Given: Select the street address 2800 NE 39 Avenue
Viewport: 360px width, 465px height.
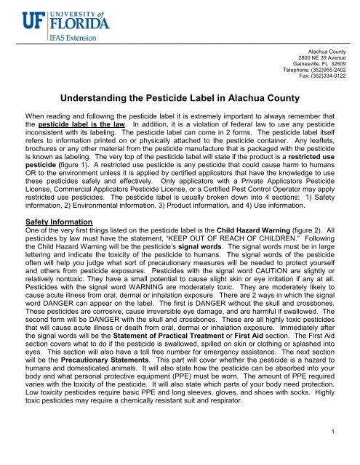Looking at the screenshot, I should click(x=324, y=57).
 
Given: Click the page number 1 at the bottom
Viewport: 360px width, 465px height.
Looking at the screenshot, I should click(x=350, y=456).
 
